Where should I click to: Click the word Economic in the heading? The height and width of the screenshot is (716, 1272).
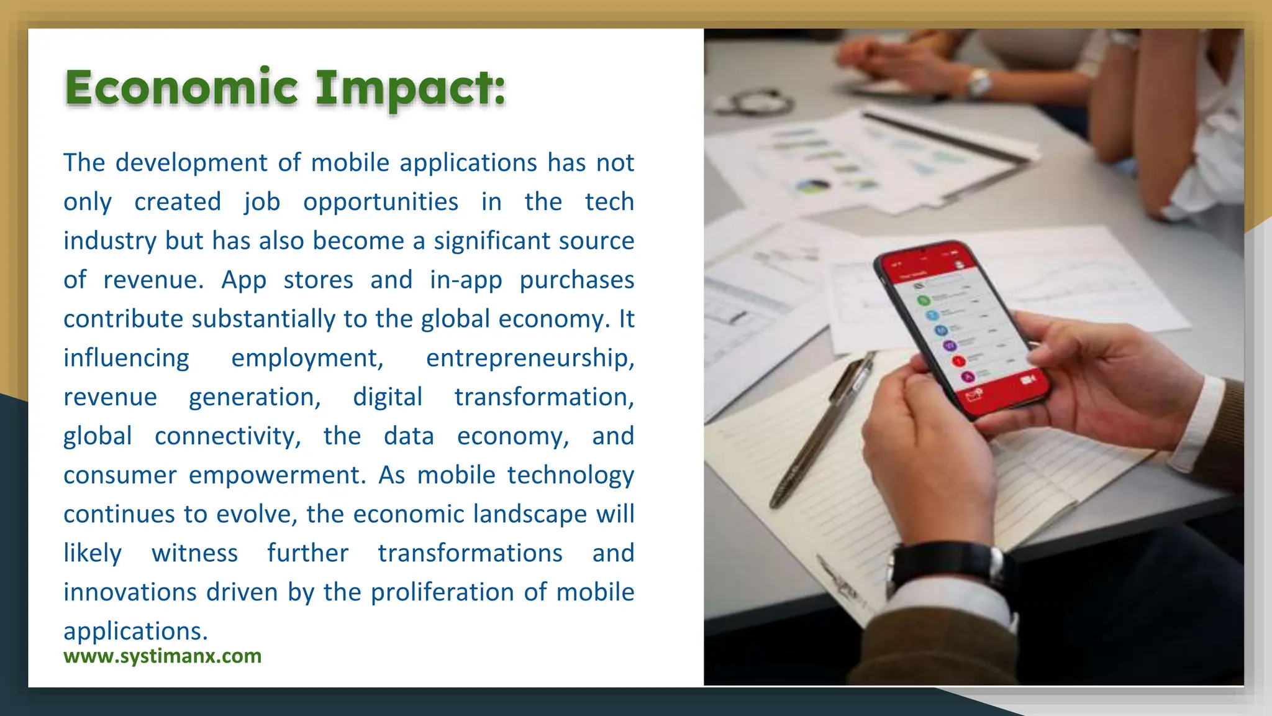coord(181,88)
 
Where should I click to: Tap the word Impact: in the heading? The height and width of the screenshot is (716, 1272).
coord(410,89)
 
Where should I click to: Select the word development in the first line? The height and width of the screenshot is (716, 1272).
coord(191,163)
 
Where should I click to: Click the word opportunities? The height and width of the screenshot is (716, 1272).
coord(381,203)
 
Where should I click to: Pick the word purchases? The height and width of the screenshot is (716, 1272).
coord(576,280)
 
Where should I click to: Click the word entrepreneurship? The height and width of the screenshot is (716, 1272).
coord(529,358)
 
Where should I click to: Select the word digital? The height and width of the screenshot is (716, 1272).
coord(388,397)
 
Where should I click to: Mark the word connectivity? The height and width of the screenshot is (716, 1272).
coord(227,436)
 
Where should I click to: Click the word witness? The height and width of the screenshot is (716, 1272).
coord(194,553)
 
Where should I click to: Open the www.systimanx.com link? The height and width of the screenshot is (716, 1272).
coord(162,656)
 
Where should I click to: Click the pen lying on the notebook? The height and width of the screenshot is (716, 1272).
coord(820,429)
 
